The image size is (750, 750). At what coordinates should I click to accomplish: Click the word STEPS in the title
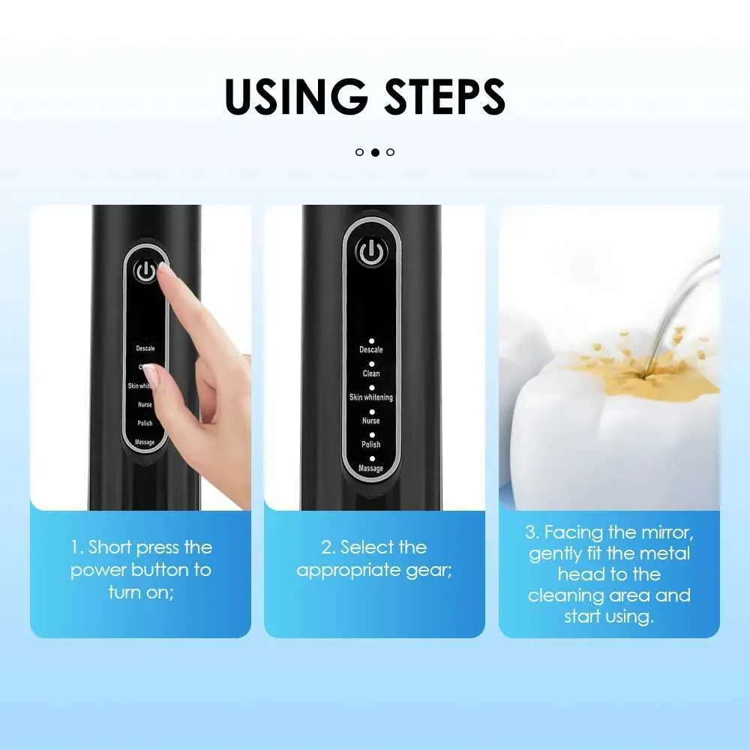[x=445, y=96]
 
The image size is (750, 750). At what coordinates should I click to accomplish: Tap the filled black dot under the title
[x=376, y=152]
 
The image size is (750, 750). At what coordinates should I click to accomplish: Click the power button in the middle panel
[x=371, y=252]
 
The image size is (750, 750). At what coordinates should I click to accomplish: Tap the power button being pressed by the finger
[x=146, y=271]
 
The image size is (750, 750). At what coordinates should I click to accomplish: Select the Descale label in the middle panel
[x=371, y=349]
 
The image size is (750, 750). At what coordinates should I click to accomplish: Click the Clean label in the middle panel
[x=371, y=373]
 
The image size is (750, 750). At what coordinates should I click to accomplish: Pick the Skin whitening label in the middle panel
[x=371, y=397]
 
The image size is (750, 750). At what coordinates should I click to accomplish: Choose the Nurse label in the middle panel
[x=371, y=421]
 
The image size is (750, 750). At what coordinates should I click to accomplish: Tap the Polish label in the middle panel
[x=371, y=444]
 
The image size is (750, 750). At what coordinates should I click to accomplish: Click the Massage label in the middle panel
[x=371, y=468]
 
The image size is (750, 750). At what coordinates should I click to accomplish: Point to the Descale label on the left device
[x=145, y=348]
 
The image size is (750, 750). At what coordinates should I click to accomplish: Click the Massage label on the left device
[x=145, y=442]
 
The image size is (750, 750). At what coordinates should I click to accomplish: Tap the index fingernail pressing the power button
[x=163, y=268]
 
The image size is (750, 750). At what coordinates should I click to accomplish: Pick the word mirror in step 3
[x=667, y=532]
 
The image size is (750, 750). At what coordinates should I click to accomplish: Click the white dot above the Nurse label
[x=372, y=412]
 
